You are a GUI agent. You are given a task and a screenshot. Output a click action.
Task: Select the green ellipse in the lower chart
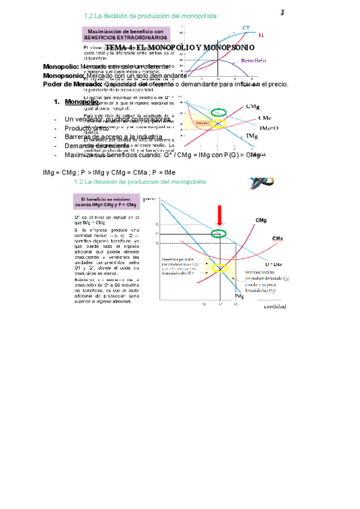(x=220, y=233)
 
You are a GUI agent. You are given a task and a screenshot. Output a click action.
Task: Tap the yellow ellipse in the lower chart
(x=220, y=268)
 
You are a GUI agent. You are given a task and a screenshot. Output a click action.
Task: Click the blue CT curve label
(x=246, y=28)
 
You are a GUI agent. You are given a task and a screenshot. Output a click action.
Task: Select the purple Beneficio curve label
(x=254, y=61)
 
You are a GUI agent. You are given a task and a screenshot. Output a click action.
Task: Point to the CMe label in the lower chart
(x=277, y=239)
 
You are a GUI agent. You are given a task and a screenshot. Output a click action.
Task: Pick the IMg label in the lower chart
(x=238, y=297)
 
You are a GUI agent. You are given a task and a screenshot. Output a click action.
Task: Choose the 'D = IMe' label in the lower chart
(x=274, y=264)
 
